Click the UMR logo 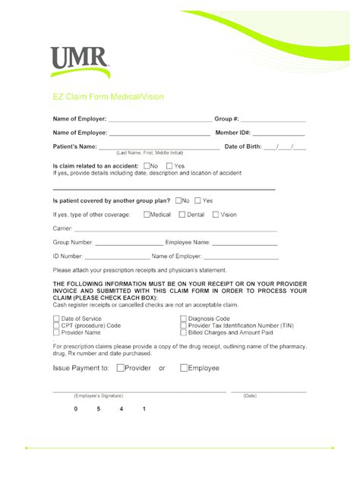[79, 61]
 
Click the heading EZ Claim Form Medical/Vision [108, 97]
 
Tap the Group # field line [273, 120]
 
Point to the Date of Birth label [243, 146]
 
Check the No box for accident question [147, 165]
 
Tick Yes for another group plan [197, 201]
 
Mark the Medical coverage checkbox [147, 215]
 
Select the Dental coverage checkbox [182, 215]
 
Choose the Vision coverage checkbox [216, 215]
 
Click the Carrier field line [175, 229]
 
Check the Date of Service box [56, 319]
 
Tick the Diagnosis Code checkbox [183, 319]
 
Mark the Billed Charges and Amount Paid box [183, 332]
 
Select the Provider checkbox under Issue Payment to [121, 368]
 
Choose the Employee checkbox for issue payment [184, 368]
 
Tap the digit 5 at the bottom [99, 410]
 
